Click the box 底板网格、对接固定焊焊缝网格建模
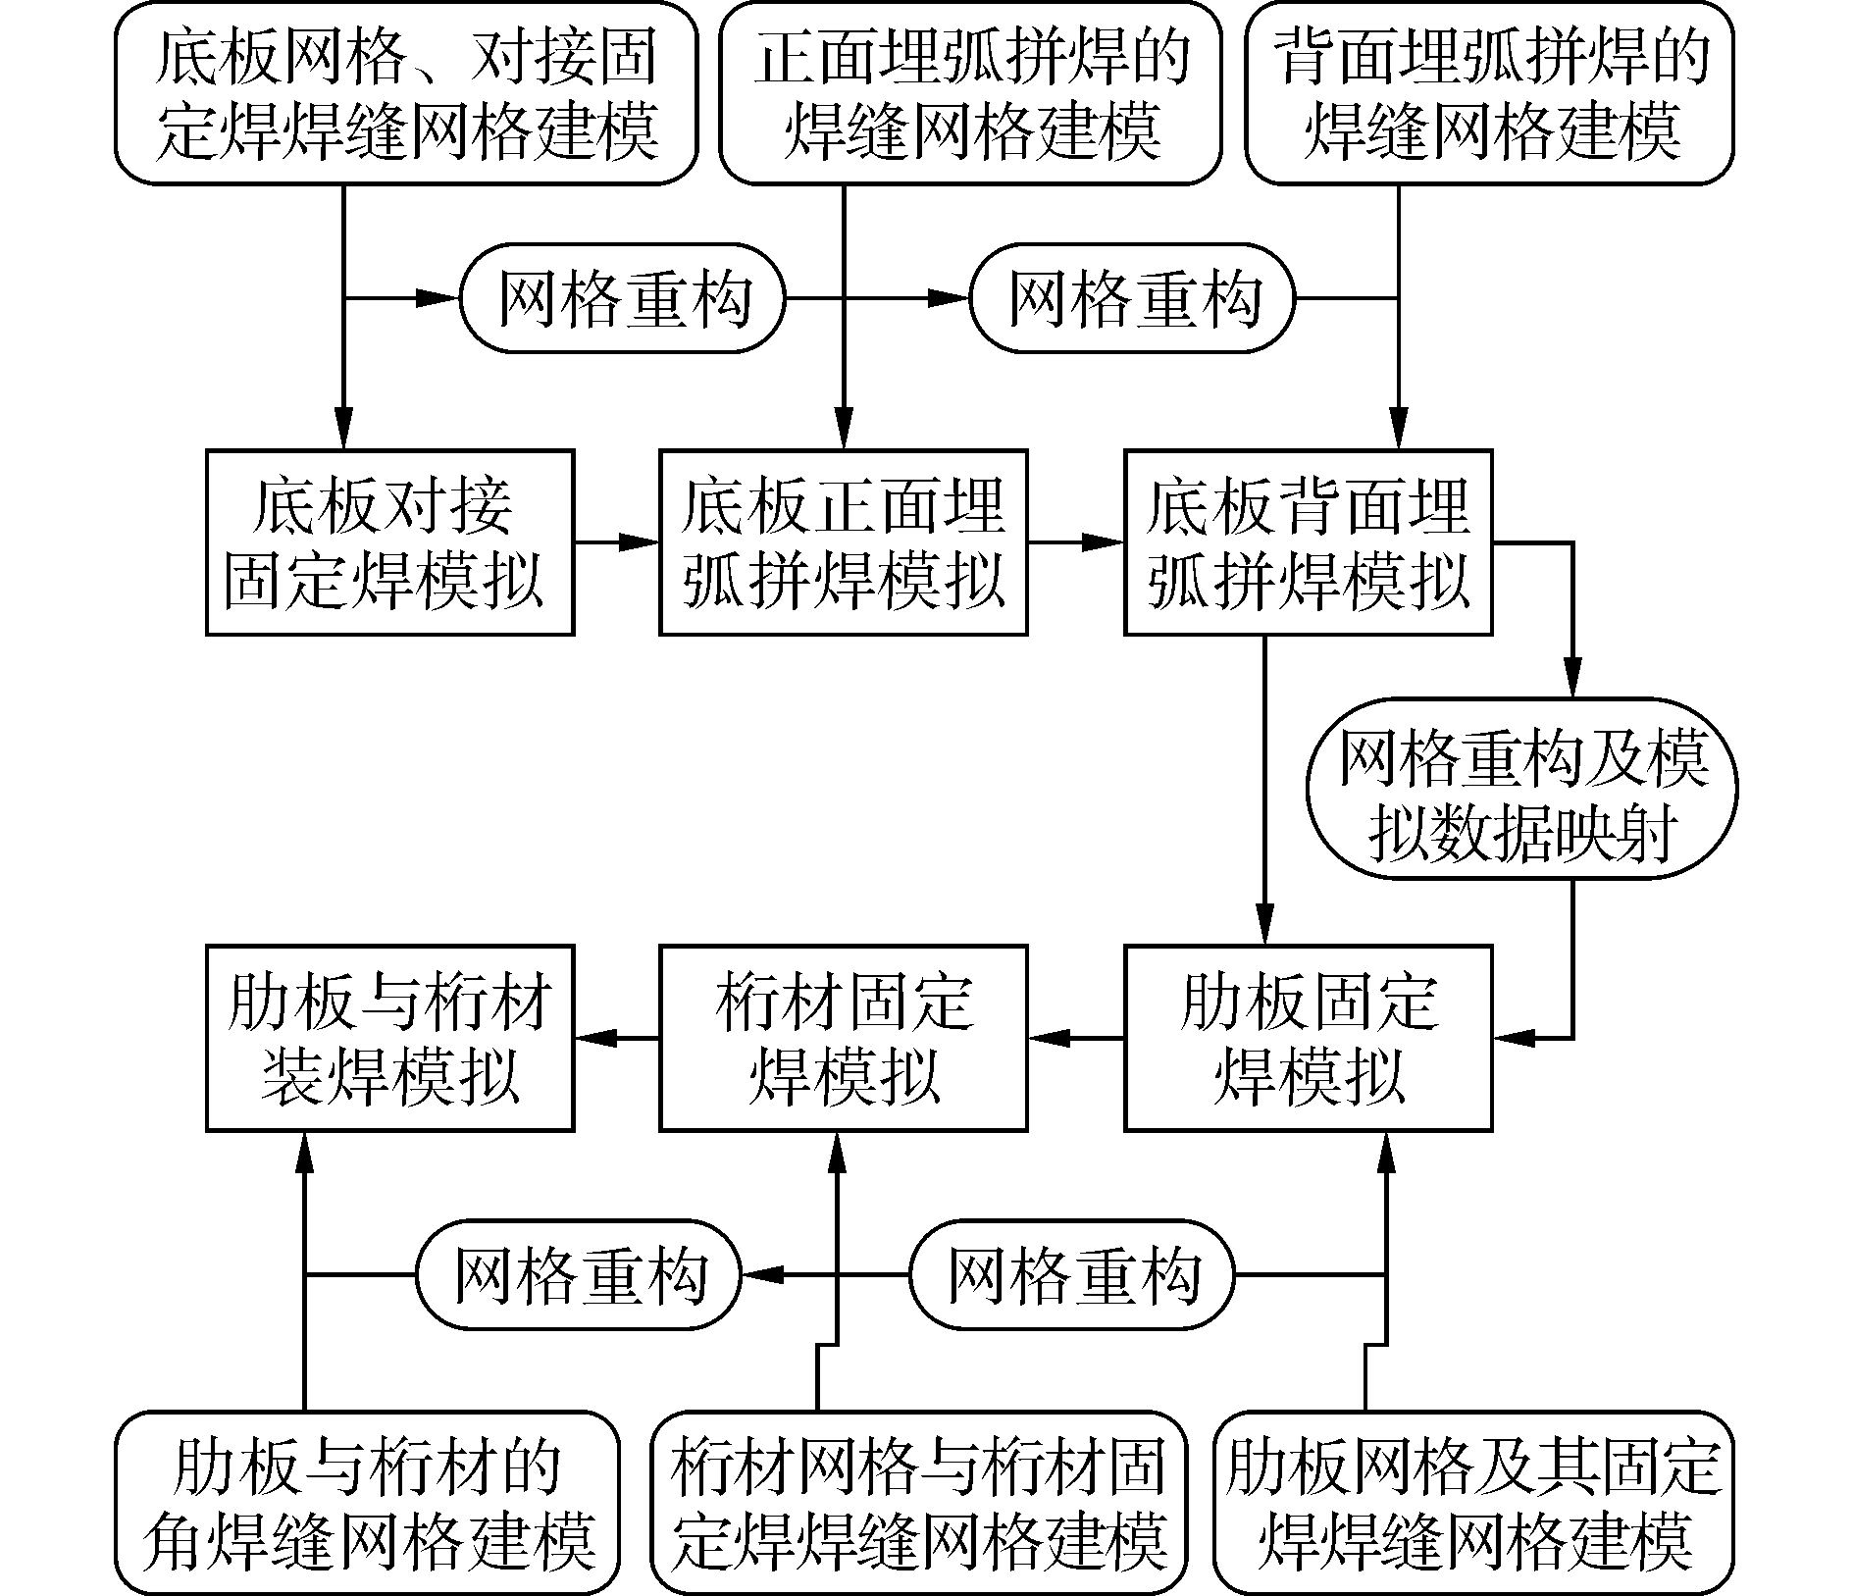(406, 93)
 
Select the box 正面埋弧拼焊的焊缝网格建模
(970, 93)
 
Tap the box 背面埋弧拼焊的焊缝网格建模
(1489, 93)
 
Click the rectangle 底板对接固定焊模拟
(389, 542)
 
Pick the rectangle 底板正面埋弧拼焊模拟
(843, 542)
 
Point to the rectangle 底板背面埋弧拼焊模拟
(1308, 542)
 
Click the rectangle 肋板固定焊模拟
(1308, 1038)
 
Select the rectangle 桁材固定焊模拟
(843, 1038)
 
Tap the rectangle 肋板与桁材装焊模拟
(389, 1038)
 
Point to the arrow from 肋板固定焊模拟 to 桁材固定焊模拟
(1075, 1038)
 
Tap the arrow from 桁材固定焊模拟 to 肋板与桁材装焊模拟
(616, 1038)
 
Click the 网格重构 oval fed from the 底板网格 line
(623, 298)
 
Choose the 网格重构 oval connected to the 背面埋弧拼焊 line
(1132, 298)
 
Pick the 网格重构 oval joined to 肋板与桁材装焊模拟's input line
(579, 1274)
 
